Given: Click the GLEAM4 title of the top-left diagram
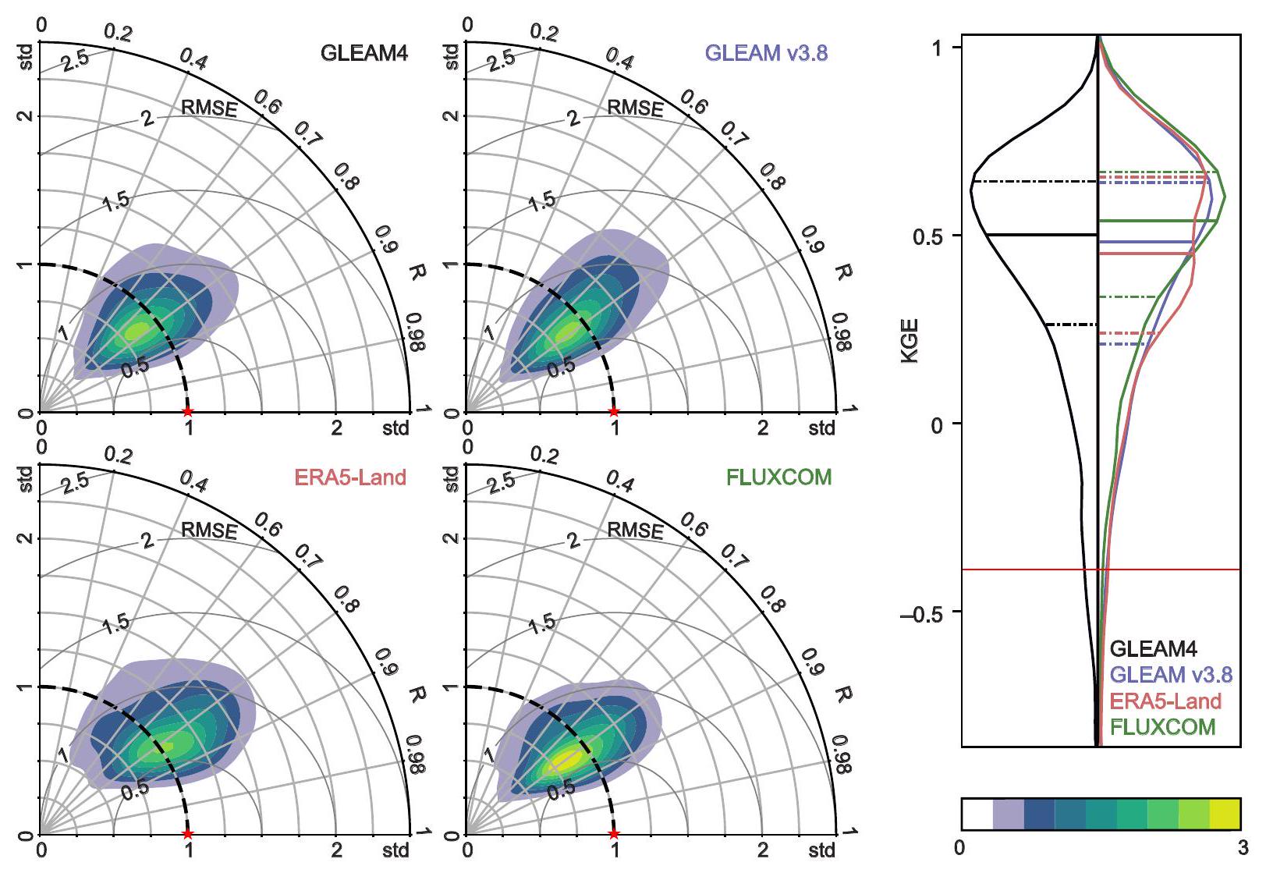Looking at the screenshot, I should coord(364,53).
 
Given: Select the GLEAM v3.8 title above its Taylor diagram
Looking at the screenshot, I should coord(766,53).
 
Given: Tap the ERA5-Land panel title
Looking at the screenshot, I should coord(350,477).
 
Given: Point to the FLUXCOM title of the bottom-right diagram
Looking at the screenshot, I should coord(778,477).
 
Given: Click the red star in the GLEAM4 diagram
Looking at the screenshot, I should coord(187,411).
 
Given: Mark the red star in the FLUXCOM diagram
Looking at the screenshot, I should coord(614,834).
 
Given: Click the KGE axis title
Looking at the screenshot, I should coord(910,340).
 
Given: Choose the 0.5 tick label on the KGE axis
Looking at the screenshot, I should coord(927,236).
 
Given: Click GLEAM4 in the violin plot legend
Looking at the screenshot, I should coord(1153,649).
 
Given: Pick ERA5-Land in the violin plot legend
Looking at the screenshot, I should coord(1165,701).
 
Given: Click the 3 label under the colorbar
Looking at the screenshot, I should coord(1242,848).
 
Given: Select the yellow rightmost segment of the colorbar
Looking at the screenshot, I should coord(1225,814).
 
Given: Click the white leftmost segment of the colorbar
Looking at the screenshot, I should coord(977,814).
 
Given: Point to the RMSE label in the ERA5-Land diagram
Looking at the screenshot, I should coord(208,531).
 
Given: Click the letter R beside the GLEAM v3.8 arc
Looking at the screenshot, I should coord(842,272).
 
